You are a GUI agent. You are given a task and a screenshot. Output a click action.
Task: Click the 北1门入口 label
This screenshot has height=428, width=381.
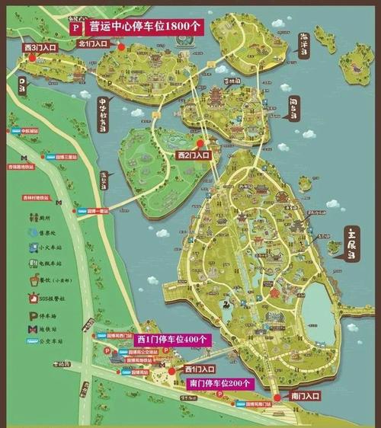pyautogui.click(x=94, y=44)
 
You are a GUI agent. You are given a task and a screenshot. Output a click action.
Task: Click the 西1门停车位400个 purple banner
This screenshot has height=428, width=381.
pyautogui.click(x=171, y=339)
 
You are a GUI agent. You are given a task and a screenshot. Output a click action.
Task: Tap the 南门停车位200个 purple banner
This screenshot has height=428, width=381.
pyautogui.click(x=219, y=383)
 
